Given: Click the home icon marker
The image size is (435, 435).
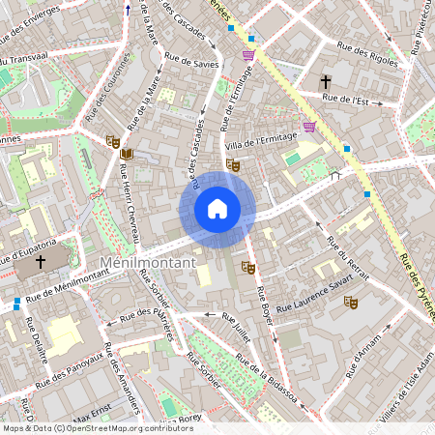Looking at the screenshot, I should click(x=217, y=209).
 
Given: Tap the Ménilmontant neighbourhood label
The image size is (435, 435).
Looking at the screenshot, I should click(x=148, y=262).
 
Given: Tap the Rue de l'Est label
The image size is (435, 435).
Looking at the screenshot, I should click(x=345, y=99).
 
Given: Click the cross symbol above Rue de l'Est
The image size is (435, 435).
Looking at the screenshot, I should click(x=326, y=81).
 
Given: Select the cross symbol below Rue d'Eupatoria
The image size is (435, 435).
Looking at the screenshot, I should click(x=41, y=262).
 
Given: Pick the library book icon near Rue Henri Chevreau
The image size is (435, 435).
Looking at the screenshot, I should click(x=126, y=154).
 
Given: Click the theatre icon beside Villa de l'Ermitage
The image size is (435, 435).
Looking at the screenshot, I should click(x=232, y=164).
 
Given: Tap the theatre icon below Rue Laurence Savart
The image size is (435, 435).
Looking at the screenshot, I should click(x=351, y=303).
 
